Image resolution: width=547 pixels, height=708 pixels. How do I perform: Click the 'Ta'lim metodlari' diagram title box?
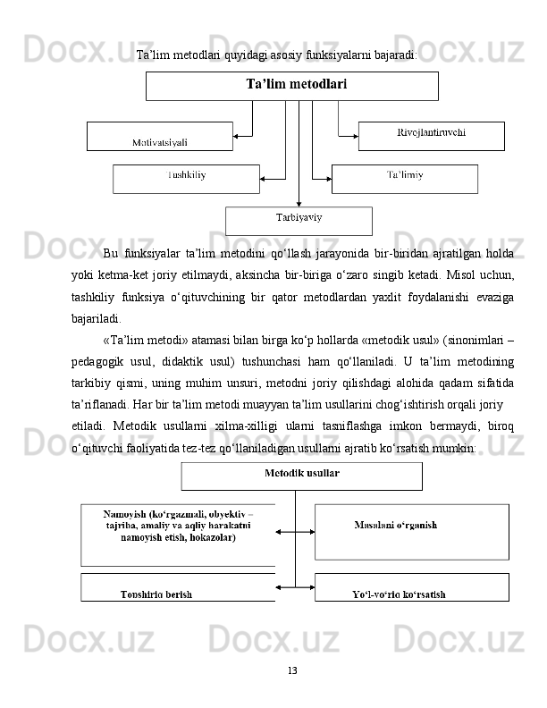tap(292, 86)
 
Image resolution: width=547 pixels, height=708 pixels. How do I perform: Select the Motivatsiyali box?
tap(159, 137)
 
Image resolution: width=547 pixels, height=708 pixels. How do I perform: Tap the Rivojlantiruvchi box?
tap(431, 135)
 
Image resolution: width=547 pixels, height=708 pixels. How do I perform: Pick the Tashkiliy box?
tap(186, 178)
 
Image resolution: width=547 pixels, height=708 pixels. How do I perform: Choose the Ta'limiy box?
tap(404, 178)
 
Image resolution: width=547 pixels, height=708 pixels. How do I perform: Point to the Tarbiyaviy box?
tap(299, 220)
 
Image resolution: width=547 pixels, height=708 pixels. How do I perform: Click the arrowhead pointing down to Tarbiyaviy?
tap(299, 203)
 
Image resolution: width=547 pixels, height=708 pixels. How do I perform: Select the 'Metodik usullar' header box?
tap(301, 476)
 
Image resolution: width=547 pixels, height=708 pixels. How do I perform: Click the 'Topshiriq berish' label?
tap(156, 594)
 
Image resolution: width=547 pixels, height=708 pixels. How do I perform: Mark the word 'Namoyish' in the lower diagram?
tap(126, 514)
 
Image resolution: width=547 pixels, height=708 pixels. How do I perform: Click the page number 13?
tap(292, 670)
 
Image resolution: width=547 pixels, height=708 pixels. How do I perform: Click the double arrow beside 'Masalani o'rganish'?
tap(295, 532)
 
